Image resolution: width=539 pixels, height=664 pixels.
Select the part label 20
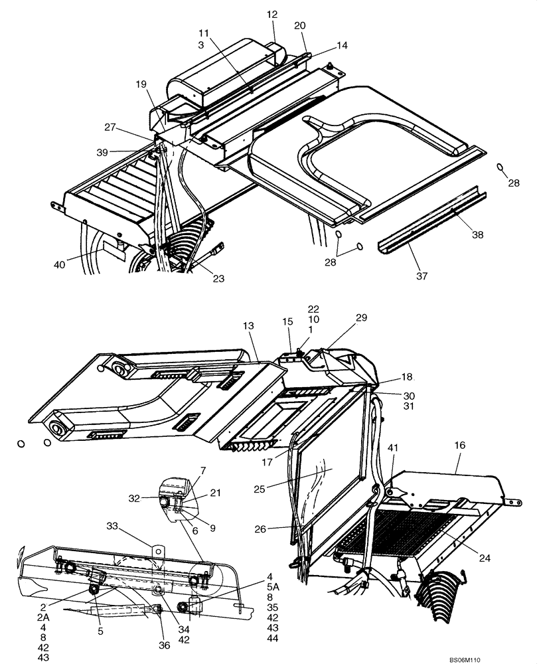[x=299, y=25]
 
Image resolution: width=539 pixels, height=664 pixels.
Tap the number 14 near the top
[x=342, y=46]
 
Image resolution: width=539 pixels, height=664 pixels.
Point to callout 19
[x=141, y=84]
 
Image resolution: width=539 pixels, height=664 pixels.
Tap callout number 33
[x=113, y=526]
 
